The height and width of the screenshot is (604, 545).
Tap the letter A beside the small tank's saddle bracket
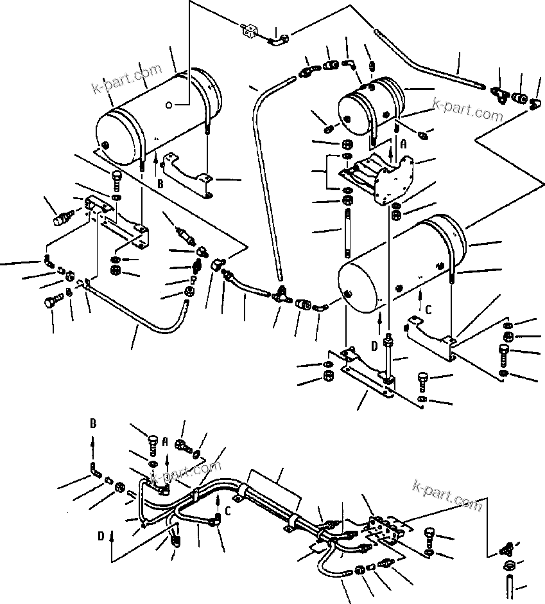click(403, 145)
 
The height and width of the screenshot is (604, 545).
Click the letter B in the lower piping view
click(93, 425)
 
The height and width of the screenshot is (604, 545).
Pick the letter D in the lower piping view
click(100, 535)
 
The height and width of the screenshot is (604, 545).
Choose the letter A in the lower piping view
click(166, 443)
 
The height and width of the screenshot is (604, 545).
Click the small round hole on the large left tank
click(168, 105)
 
